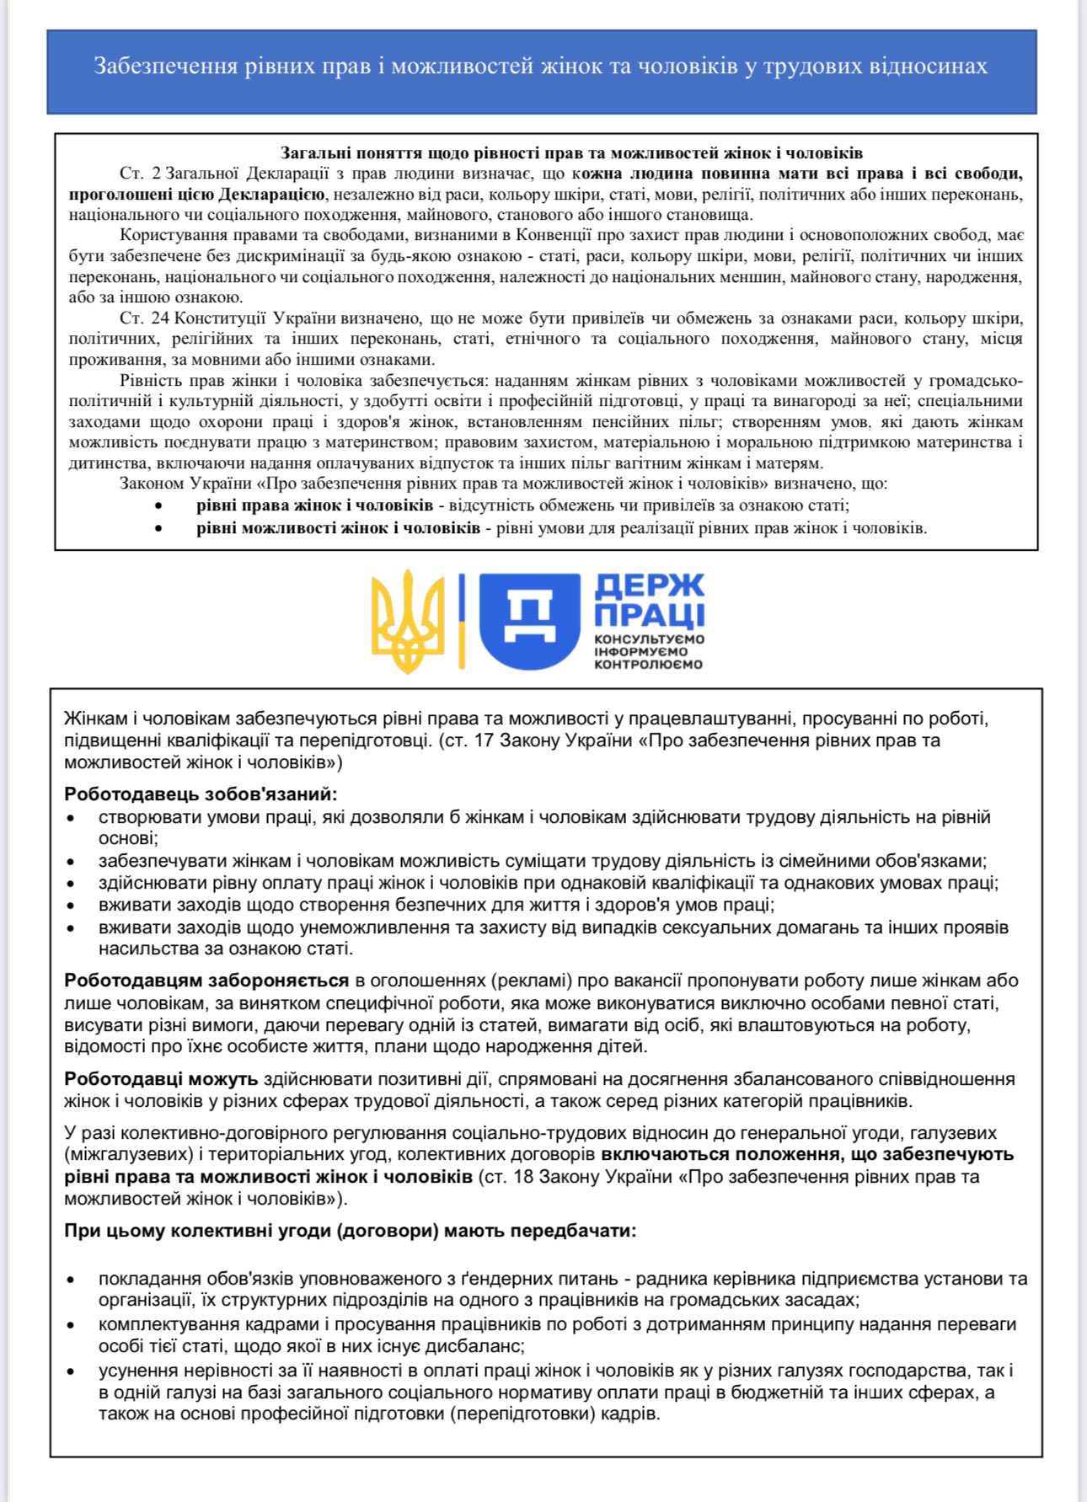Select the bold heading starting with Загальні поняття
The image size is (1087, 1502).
point(571,153)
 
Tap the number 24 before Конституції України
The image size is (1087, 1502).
point(160,318)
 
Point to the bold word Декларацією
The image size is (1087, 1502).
point(271,195)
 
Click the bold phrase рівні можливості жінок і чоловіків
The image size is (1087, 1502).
point(339,528)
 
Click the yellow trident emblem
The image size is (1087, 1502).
point(408,621)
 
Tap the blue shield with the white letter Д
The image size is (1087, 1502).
point(529,622)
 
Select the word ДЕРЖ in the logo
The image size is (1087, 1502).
point(649,586)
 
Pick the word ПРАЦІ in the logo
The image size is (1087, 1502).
point(649,615)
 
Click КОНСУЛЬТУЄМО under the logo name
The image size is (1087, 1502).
point(649,639)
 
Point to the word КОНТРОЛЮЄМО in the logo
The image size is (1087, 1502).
point(648,664)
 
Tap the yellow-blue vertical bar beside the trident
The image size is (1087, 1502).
point(462,621)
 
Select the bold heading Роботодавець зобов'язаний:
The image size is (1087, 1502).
point(201,794)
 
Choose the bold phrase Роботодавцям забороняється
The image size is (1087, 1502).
point(206,981)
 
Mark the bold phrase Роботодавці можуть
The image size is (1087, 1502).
point(161,1079)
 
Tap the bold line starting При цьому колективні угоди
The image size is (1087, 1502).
point(351,1231)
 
